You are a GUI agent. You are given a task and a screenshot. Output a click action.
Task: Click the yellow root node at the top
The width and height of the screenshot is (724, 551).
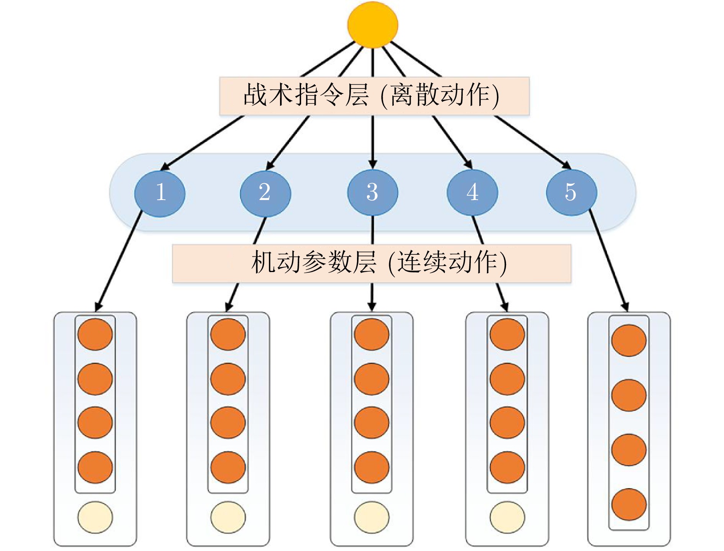click(x=372, y=25)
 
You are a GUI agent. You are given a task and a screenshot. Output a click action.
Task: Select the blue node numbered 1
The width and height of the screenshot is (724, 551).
click(x=160, y=193)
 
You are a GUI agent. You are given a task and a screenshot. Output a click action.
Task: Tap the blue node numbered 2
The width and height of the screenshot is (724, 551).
click(x=265, y=193)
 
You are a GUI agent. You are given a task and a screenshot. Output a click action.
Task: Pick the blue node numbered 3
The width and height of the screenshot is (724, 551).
click(x=372, y=192)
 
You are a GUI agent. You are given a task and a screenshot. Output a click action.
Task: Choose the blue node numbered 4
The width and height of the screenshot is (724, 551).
click(x=472, y=192)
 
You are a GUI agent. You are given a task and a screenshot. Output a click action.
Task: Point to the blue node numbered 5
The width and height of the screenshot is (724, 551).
click(x=571, y=192)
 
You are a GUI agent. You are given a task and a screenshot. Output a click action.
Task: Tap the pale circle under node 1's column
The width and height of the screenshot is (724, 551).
click(x=95, y=517)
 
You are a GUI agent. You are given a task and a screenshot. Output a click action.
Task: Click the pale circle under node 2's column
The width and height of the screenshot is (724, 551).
click(x=228, y=517)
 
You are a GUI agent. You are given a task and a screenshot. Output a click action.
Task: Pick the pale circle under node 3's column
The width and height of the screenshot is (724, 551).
click(x=372, y=517)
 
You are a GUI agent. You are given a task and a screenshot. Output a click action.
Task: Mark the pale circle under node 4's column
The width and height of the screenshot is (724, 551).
click(x=507, y=517)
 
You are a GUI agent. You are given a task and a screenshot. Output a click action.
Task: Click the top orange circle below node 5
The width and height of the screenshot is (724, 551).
click(x=629, y=340)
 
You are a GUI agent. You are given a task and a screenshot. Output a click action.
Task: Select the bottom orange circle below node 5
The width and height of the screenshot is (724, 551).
click(x=629, y=504)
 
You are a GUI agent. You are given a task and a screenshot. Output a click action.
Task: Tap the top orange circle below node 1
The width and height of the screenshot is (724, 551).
click(x=95, y=334)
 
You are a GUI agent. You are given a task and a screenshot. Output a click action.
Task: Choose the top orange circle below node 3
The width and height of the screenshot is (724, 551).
click(x=372, y=334)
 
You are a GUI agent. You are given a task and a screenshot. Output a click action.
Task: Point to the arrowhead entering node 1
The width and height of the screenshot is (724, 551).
click(x=165, y=167)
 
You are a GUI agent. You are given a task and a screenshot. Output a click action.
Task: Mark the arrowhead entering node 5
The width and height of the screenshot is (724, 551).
click(x=567, y=165)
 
